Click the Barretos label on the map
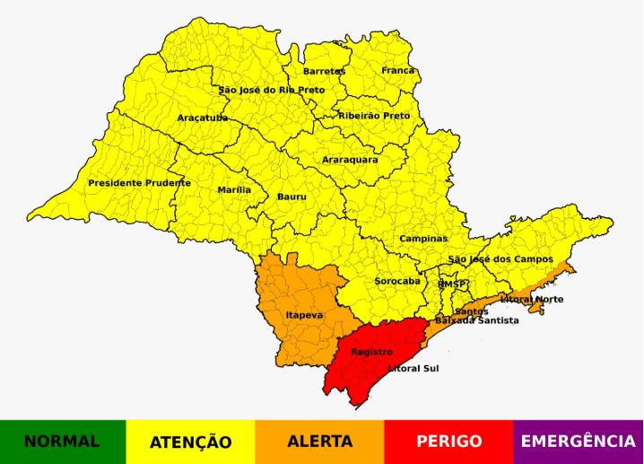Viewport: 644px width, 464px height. point(325,71)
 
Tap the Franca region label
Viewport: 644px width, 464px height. point(398,70)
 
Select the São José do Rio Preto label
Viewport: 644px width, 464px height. point(272,90)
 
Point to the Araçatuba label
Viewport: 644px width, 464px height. point(203,118)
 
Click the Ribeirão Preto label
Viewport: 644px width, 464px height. point(374,116)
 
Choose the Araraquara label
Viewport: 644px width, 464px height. point(350,160)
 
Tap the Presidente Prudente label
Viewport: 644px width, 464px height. point(139,183)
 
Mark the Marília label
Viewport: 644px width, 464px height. point(234,190)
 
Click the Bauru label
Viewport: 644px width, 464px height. point(292,196)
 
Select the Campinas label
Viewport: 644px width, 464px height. point(423,239)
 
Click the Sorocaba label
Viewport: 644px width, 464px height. point(396,281)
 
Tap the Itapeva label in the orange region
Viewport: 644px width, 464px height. point(304,316)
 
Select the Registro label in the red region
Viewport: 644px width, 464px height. point(371,352)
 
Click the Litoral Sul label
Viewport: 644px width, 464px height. point(413,368)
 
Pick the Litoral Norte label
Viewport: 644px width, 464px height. point(532,299)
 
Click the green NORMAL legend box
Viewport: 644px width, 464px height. point(63,442)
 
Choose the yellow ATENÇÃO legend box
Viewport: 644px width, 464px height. point(190,442)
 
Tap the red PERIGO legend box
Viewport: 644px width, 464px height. point(448,442)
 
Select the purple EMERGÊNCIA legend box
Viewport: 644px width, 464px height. point(579,442)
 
